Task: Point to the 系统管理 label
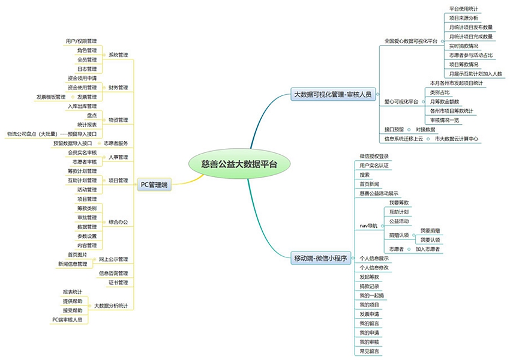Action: [118, 55]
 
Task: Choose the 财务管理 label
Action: [118, 88]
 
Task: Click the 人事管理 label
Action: [118, 157]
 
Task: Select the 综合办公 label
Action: [118, 222]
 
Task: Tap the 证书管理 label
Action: [118, 283]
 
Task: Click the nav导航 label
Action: [368, 226]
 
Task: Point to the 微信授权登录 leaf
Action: [374, 156]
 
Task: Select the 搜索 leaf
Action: [365, 175]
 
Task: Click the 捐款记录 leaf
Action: [370, 286]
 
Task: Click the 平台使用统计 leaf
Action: [463, 9]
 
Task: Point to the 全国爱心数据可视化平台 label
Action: [411, 41]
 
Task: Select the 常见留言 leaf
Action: [370, 351]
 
